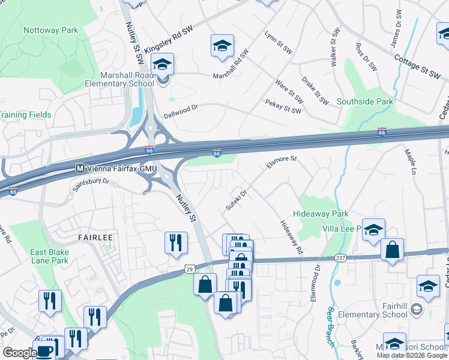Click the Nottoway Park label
coord(50,30)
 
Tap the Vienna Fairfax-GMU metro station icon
coord(79,169)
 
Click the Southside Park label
coord(364,102)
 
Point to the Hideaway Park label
coord(321,214)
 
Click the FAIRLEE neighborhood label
coord(95,238)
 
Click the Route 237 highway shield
coord(340,258)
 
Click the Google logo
coord(19,353)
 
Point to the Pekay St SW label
coord(283,106)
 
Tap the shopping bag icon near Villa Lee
coord(392,251)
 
